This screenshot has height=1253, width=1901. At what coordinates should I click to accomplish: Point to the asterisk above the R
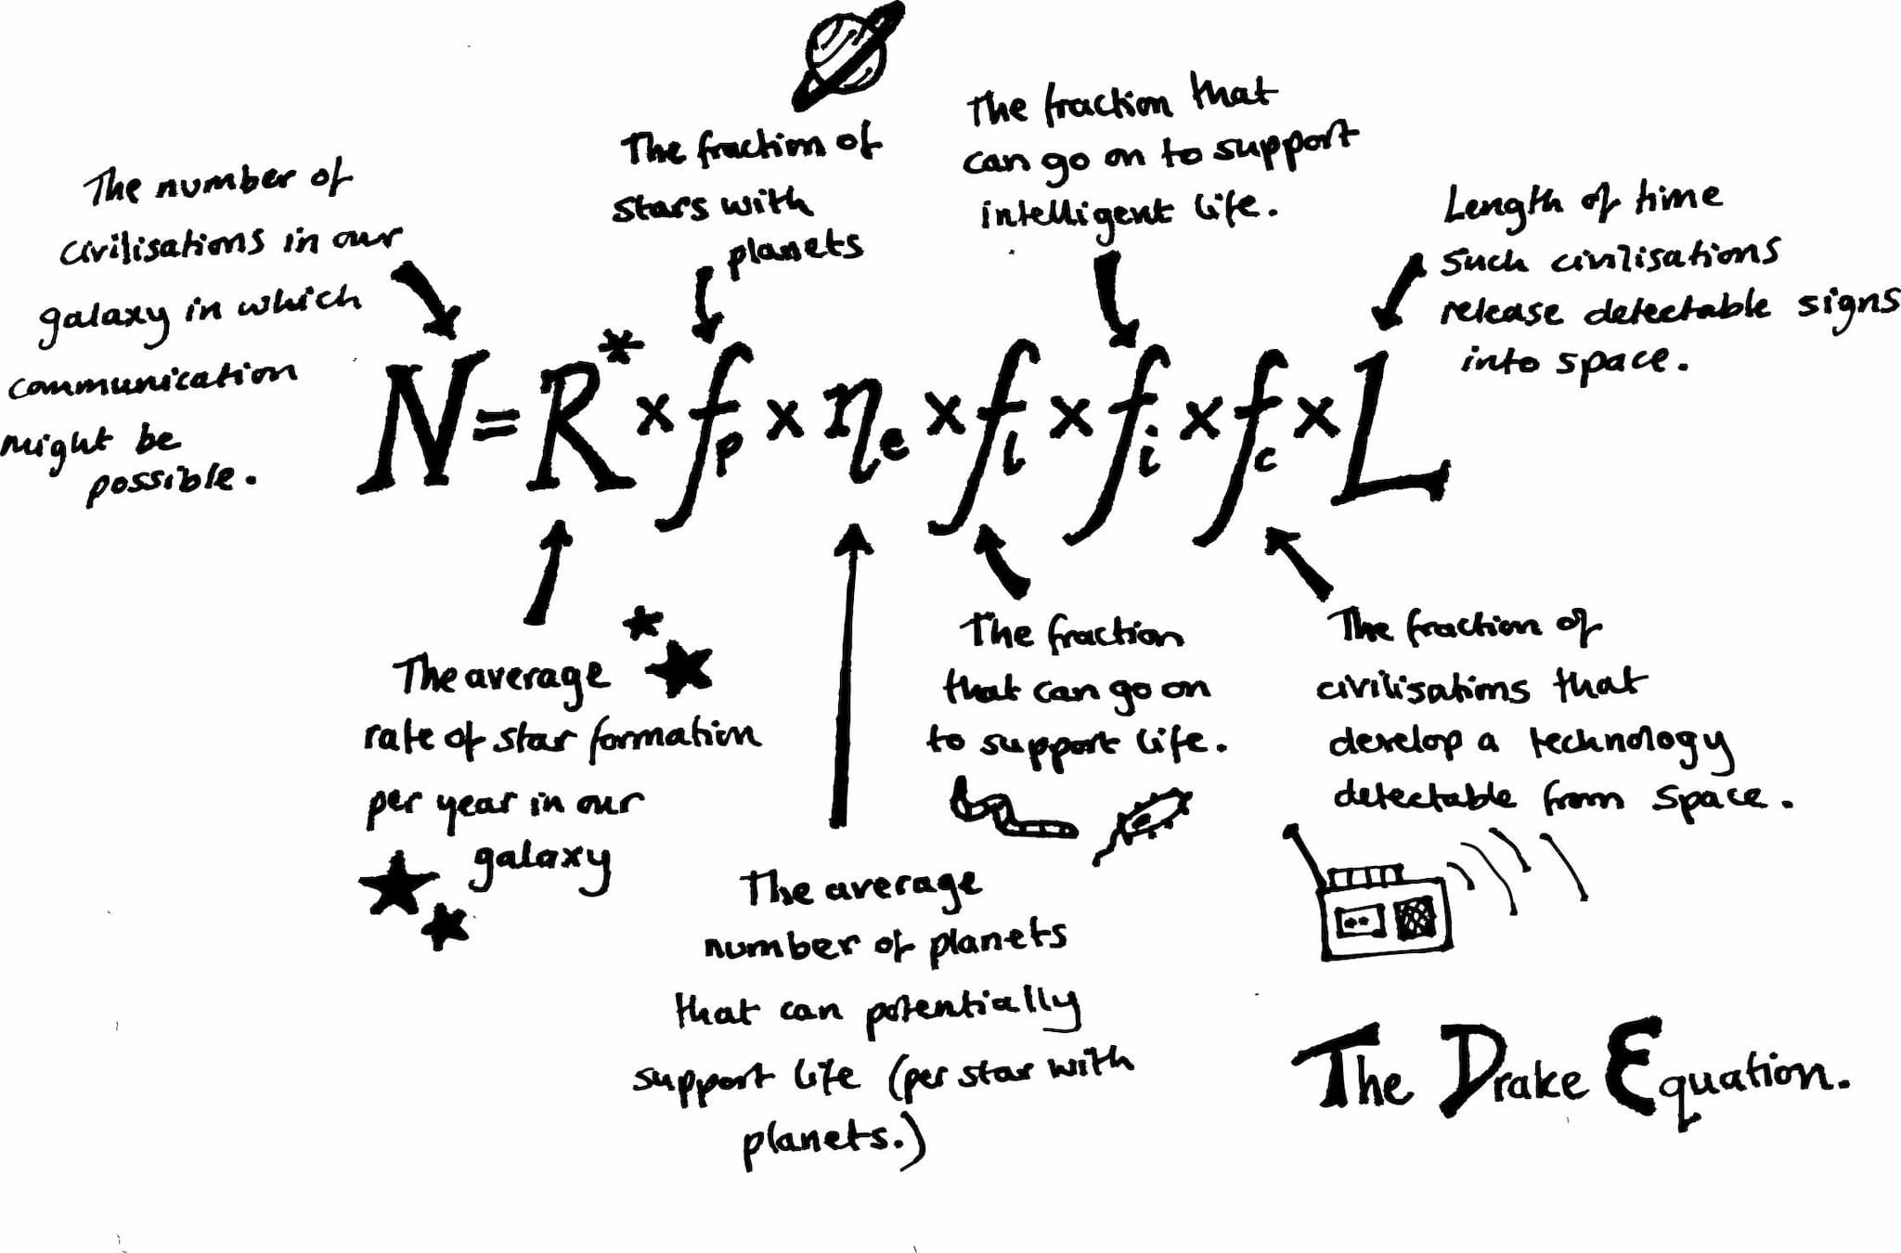tap(620, 349)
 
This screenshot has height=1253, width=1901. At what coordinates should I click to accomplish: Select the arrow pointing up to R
tap(548, 571)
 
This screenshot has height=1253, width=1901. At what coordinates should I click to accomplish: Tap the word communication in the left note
tap(153, 380)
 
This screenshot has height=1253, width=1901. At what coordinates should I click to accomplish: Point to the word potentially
tap(974, 1011)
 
